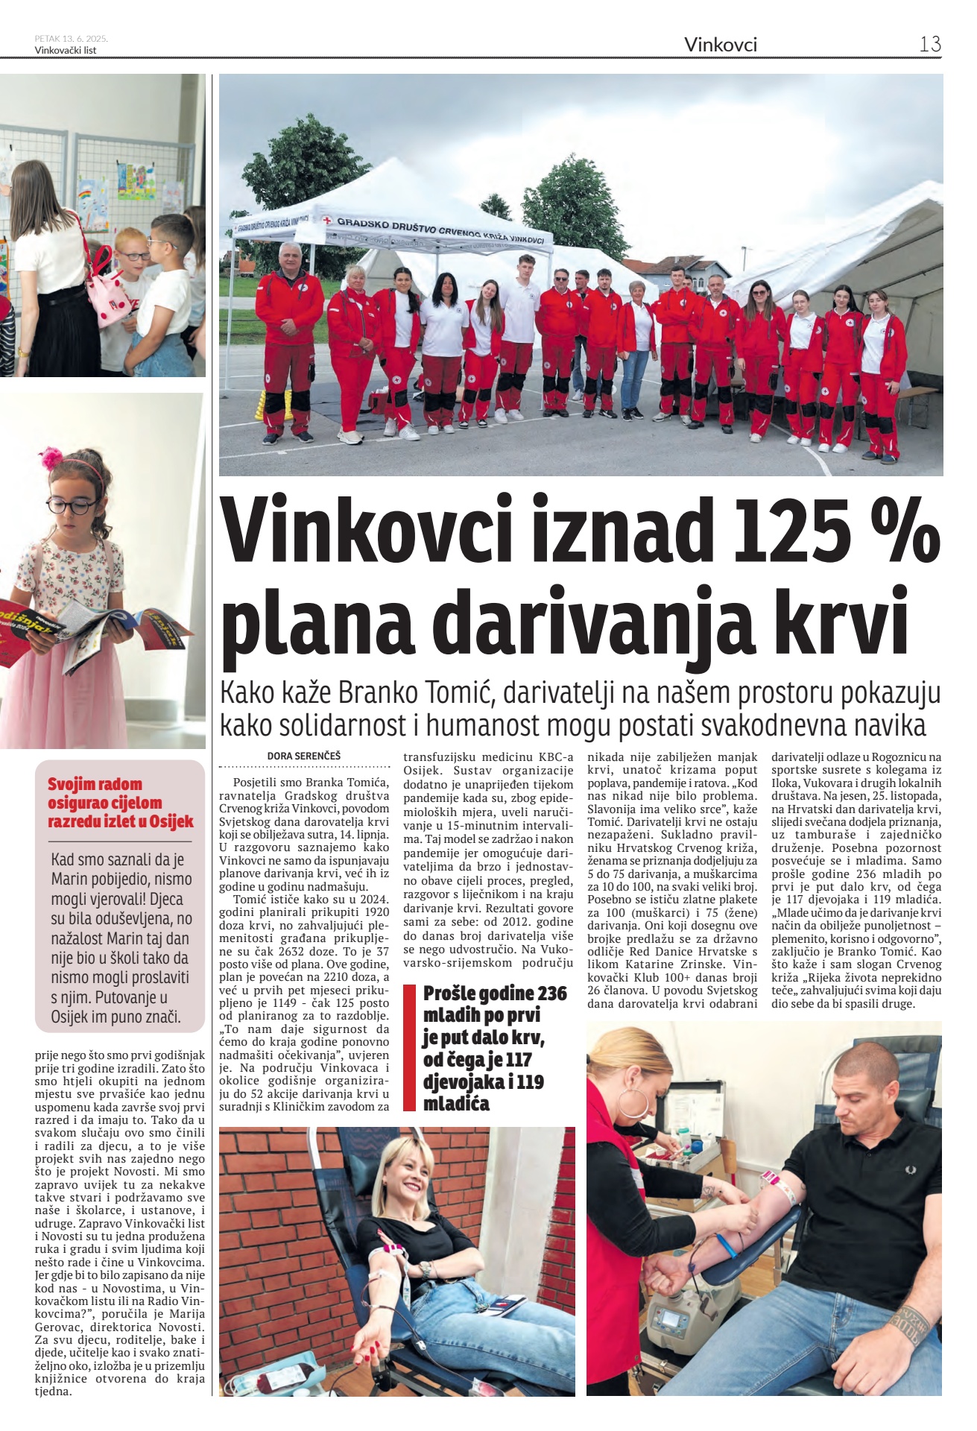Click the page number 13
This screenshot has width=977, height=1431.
coord(929,44)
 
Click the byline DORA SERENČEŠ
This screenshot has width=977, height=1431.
coord(303,756)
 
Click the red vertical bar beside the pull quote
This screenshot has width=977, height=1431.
coord(408,1047)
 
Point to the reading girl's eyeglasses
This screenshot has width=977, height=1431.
coord(71,505)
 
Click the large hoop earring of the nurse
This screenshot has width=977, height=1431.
coord(633,1105)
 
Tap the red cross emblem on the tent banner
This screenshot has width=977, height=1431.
coord(326,221)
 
